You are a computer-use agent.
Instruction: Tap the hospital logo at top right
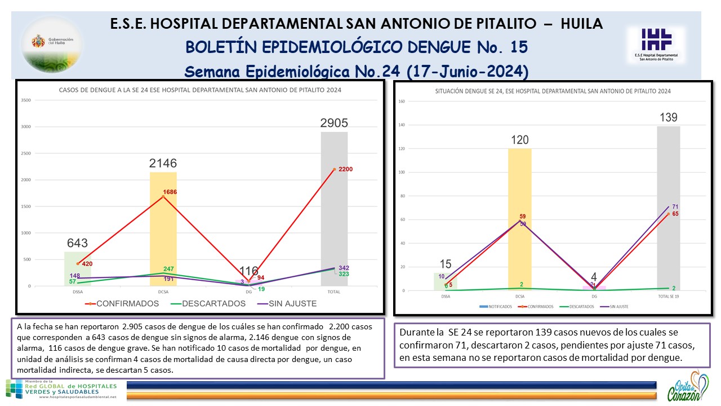(656, 45)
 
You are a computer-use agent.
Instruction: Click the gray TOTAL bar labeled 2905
(335, 209)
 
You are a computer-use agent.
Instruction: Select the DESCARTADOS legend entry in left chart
(208, 303)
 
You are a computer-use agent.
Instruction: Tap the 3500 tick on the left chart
(26, 100)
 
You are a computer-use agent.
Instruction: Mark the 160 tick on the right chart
(402, 101)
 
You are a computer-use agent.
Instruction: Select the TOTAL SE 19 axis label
(669, 296)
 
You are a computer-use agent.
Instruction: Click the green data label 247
(168, 269)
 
